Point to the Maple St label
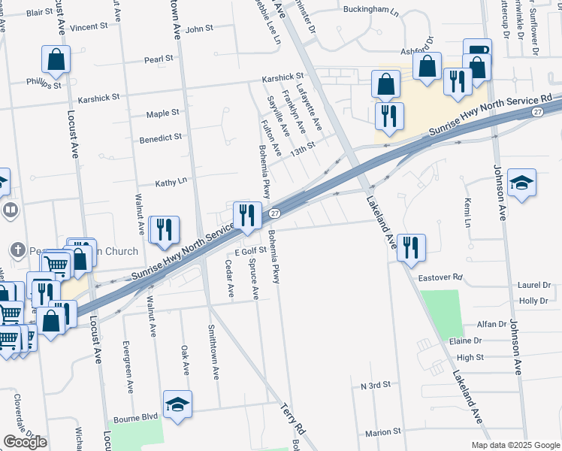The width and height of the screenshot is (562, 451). tap(162, 114)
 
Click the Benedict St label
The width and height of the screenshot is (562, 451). tap(161, 138)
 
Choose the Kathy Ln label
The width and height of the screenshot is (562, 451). tap(171, 183)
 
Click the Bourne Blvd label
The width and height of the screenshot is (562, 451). tap(135, 417)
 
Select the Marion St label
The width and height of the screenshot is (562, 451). tap(383, 432)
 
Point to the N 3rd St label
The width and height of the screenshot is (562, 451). tap(376, 385)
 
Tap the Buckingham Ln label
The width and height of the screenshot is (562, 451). tap(370, 11)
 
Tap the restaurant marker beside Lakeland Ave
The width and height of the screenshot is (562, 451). tap(411, 248)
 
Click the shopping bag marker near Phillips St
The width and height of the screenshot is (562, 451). tap(56, 59)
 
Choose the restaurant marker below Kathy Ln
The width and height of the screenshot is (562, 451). tap(164, 231)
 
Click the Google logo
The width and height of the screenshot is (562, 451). tap(25, 442)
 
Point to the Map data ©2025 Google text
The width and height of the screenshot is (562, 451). tap(515, 445)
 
